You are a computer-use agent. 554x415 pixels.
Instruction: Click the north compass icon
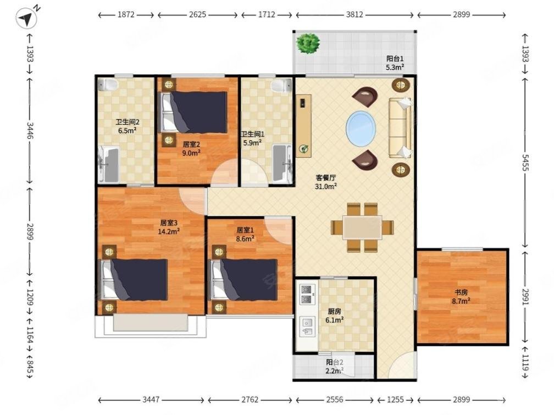click(x=27, y=18)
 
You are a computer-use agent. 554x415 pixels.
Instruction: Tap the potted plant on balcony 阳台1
click(x=308, y=43)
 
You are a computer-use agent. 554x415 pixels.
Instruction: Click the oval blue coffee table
click(x=361, y=128)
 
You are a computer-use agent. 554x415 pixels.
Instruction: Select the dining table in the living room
click(x=362, y=228)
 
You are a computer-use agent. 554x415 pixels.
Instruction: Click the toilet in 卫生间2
click(x=107, y=85)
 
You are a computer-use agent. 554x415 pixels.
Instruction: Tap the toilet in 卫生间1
click(x=281, y=86)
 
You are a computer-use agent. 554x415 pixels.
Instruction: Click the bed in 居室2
click(x=193, y=112)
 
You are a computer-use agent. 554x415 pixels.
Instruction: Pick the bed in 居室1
click(x=244, y=279)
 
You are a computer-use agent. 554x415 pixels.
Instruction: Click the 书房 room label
click(x=461, y=292)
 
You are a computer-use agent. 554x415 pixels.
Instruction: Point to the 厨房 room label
click(x=335, y=312)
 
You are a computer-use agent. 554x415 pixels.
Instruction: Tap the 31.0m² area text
click(x=325, y=186)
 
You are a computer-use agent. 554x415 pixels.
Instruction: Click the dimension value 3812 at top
click(x=354, y=14)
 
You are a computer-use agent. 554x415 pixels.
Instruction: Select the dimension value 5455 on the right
click(x=525, y=162)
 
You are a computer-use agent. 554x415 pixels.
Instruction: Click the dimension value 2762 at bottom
click(x=250, y=400)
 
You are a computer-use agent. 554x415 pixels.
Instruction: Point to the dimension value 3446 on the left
click(x=30, y=131)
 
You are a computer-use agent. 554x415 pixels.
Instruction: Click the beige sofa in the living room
click(x=400, y=128)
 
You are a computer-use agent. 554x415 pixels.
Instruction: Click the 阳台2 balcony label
click(x=334, y=362)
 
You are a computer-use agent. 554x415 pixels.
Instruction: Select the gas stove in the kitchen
click(x=307, y=294)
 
